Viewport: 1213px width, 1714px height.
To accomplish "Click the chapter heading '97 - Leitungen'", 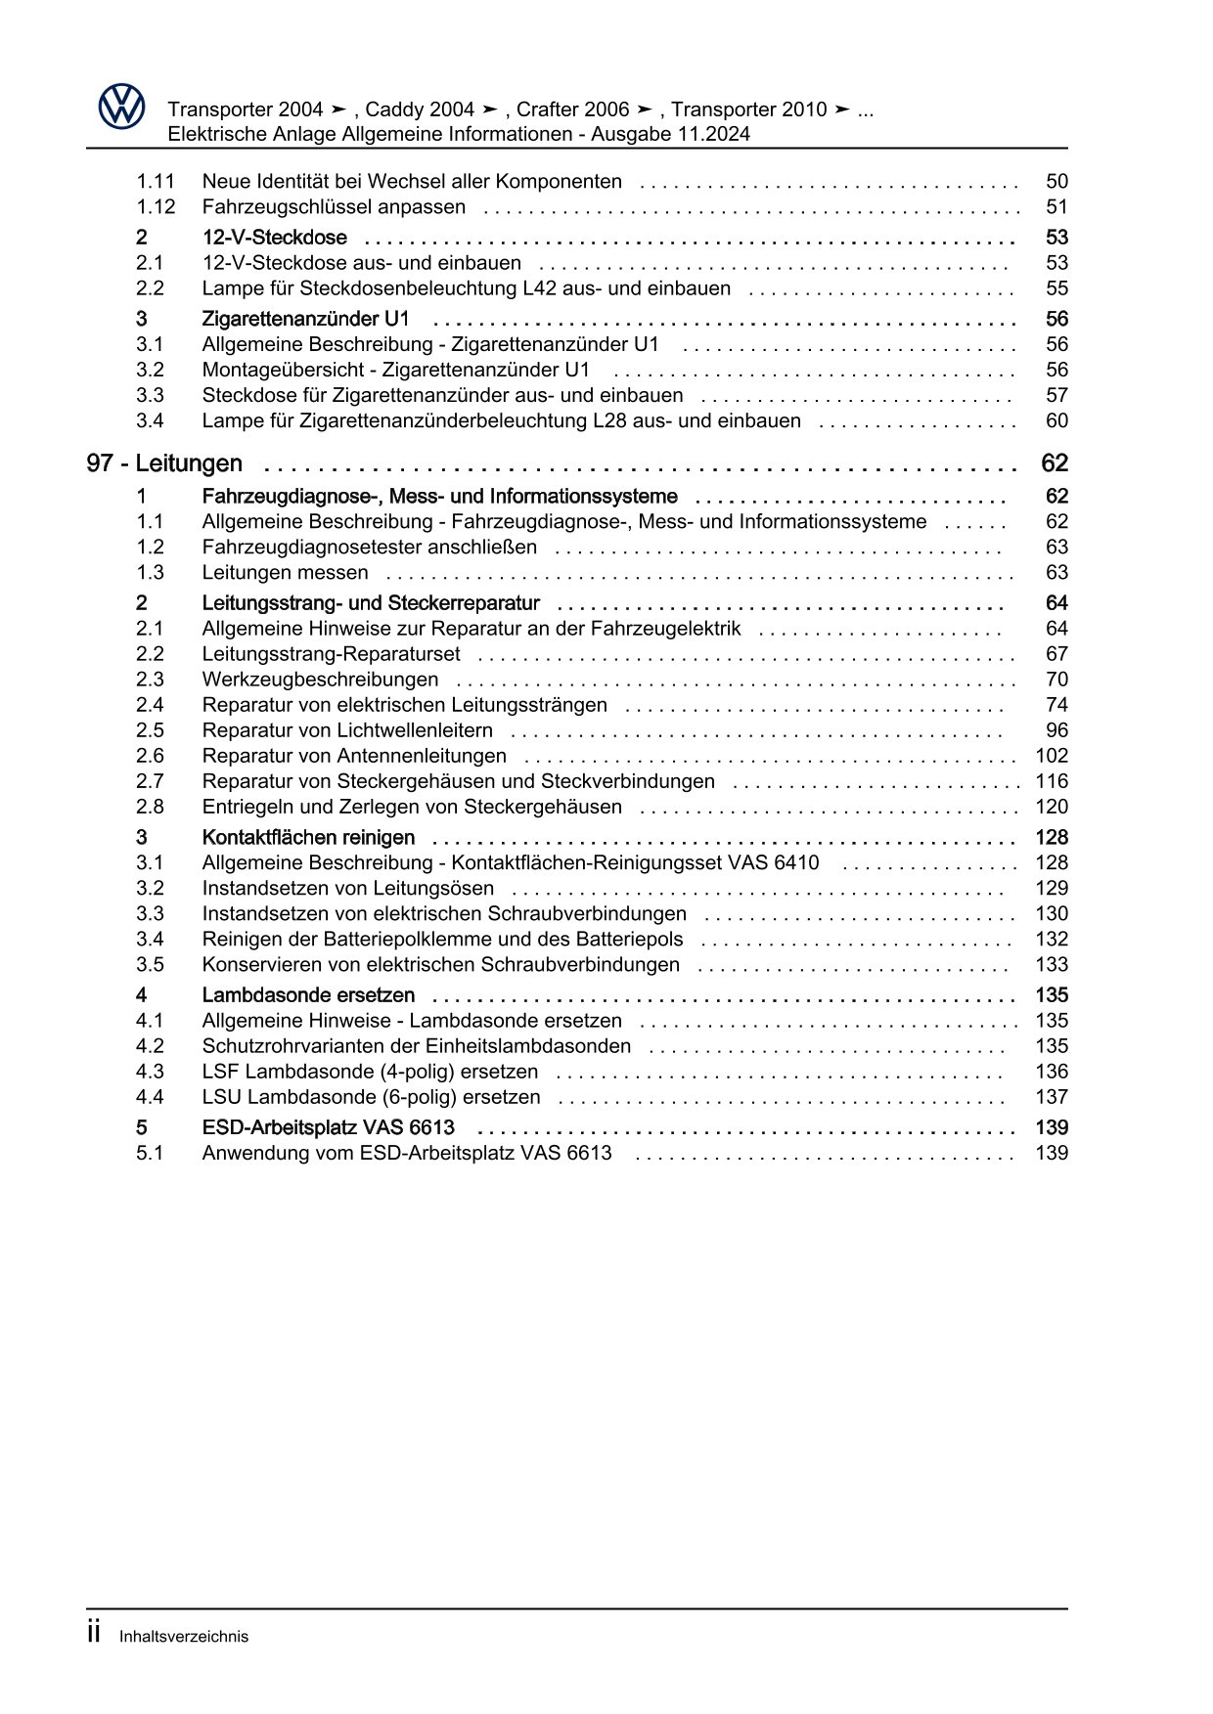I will [164, 463].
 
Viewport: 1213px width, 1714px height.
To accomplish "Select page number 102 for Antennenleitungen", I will [1052, 756].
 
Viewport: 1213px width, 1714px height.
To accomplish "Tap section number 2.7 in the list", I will [150, 781].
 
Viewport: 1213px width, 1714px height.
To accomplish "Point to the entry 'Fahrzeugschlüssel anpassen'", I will [334, 207].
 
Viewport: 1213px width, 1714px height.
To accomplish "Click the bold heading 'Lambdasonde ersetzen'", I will [308, 995].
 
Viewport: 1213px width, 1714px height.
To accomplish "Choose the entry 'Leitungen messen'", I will [285, 573].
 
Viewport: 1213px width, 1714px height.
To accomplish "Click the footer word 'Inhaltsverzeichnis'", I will [184, 1637].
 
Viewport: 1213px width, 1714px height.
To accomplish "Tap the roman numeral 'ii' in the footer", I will [94, 1634].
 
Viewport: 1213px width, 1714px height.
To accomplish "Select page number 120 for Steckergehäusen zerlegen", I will [1052, 807].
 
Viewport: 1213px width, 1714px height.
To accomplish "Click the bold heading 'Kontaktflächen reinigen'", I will [308, 838].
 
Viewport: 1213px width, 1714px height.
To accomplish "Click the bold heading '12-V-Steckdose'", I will [274, 238].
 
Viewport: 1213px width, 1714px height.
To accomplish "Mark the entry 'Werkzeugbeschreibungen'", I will [320, 680].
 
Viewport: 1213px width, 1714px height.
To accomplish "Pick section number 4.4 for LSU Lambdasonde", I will [150, 1097].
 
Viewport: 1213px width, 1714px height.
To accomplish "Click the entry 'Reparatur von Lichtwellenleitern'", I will [347, 730].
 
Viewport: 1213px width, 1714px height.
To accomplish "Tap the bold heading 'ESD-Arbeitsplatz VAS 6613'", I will [328, 1127].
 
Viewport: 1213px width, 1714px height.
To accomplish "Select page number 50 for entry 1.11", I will [1056, 182].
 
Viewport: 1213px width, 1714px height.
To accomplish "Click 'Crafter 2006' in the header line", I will [572, 110].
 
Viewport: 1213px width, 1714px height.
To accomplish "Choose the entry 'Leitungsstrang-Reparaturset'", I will [331, 654].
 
